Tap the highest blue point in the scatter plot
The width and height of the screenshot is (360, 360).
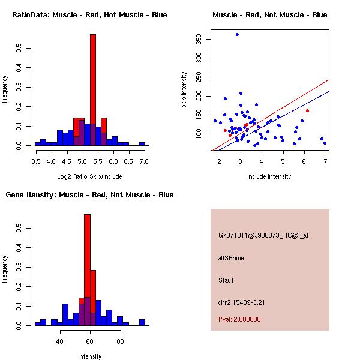click(237, 35)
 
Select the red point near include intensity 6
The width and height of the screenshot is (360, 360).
click(307, 110)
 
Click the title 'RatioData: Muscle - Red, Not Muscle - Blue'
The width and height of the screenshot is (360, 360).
click(89, 15)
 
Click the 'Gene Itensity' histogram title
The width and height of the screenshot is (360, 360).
click(89, 195)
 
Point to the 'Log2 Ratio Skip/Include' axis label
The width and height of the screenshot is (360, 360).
click(89, 176)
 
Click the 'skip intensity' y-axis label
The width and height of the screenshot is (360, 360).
click(184, 90)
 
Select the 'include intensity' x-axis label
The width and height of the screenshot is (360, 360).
click(269, 176)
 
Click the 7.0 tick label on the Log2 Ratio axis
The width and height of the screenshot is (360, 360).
click(143, 161)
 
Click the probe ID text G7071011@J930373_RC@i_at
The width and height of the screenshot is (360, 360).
click(263, 236)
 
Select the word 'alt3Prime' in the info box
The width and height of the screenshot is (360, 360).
click(231, 259)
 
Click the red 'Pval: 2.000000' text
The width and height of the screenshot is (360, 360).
click(239, 319)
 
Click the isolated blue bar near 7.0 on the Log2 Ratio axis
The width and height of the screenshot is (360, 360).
click(142, 144)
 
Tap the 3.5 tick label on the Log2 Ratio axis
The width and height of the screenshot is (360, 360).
click(36, 161)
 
